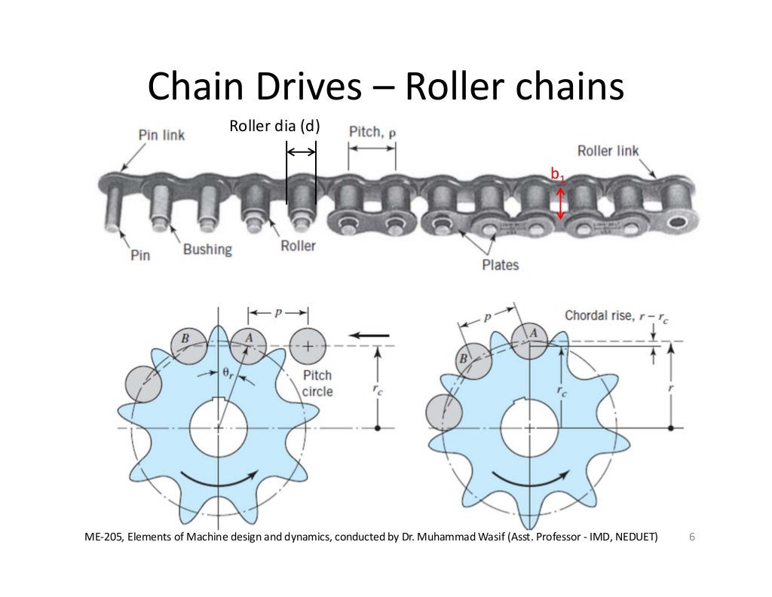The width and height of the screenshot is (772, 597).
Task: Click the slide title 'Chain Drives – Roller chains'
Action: (x=386, y=89)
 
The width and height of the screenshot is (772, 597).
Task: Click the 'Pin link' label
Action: (x=162, y=136)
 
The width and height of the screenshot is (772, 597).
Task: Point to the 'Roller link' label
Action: (x=608, y=150)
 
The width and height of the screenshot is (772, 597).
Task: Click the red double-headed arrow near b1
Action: (x=560, y=204)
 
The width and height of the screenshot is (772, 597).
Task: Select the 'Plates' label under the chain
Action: (x=500, y=265)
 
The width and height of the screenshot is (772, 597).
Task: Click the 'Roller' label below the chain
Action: (x=298, y=246)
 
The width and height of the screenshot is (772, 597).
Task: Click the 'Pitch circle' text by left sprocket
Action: (x=317, y=384)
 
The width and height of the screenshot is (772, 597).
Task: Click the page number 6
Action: (x=692, y=537)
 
